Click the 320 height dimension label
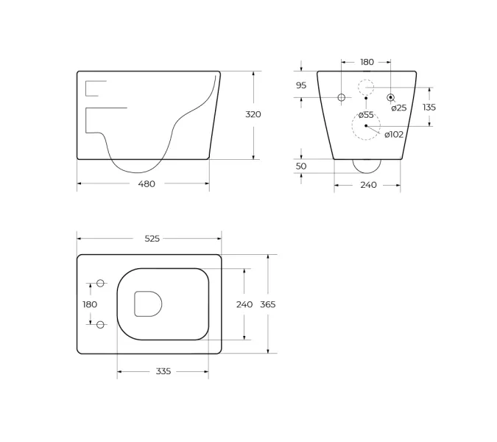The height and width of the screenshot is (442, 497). (253, 114)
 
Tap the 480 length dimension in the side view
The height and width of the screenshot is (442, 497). (147, 184)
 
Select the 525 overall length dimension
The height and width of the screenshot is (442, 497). (152, 239)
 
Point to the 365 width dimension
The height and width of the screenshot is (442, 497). (268, 304)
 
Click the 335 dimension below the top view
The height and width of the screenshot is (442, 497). (163, 371)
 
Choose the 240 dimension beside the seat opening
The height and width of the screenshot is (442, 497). (244, 304)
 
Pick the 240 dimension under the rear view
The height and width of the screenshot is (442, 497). (368, 185)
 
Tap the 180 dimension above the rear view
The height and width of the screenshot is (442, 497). (367, 62)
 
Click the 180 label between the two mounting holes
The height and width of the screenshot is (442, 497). (90, 304)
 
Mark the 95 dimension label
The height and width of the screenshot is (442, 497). (301, 85)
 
